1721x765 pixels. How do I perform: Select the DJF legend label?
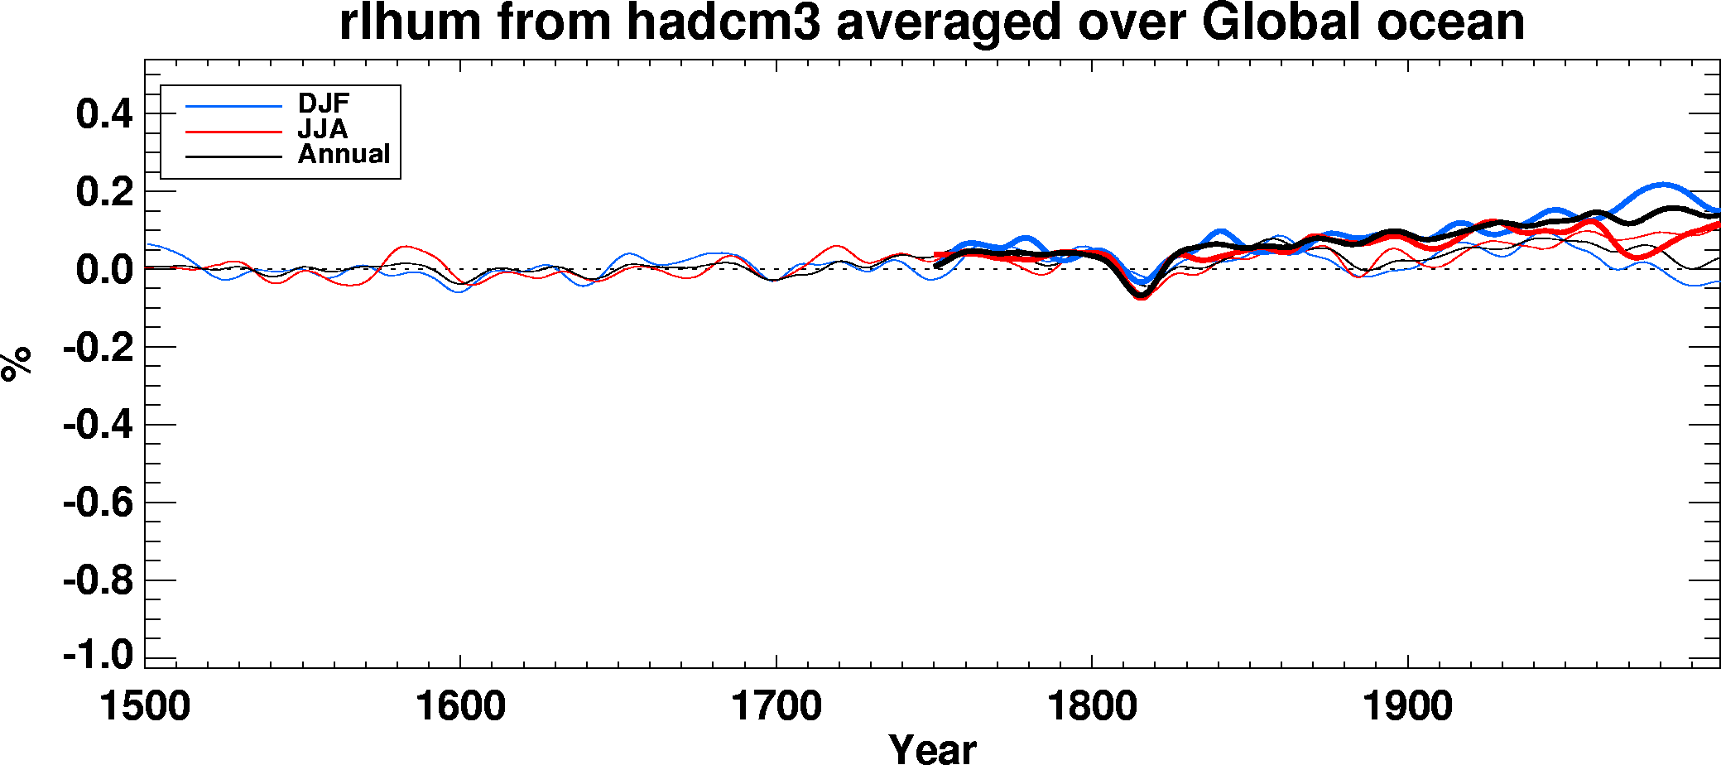tap(324, 103)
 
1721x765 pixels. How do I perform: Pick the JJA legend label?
tap(323, 129)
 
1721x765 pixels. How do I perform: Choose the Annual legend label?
tap(344, 154)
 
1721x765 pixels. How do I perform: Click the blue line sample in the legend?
tap(233, 106)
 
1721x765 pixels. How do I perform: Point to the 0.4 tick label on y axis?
tap(104, 113)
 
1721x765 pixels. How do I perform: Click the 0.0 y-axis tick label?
tap(104, 270)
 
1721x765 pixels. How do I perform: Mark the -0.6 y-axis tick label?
tap(99, 503)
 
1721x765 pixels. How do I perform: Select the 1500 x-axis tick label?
tap(145, 707)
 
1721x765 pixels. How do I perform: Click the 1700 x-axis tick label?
tap(776, 707)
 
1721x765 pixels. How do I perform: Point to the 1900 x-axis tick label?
tap(1407, 707)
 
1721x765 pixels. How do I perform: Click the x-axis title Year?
tap(932, 748)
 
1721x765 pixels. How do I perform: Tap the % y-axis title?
tap(17, 364)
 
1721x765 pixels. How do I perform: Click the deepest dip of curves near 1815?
tap(1141, 296)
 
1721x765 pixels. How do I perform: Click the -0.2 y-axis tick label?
tap(99, 348)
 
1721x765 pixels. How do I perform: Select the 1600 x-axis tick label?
tap(460, 707)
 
